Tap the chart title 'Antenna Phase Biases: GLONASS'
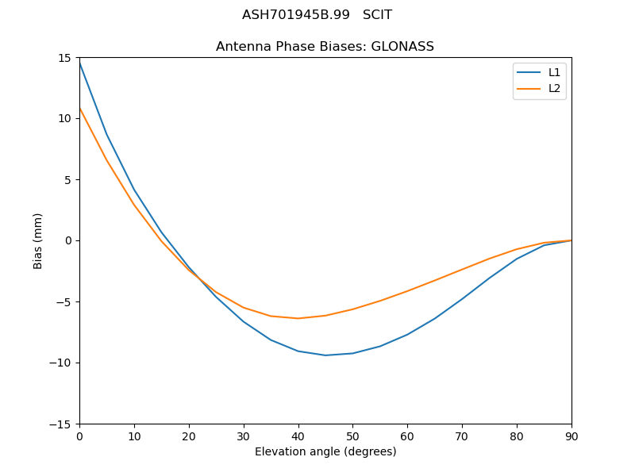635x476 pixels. (325, 47)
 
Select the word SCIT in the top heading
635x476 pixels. (377, 15)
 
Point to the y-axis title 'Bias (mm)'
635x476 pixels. (38, 240)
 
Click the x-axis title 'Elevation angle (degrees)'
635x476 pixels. (325, 452)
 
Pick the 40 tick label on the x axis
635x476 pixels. (298, 436)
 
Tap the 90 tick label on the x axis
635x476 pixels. (571, 436)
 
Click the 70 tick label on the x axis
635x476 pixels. (462, 436)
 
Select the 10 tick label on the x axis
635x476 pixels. (134, 436)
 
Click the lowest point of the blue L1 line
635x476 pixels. (325, 355)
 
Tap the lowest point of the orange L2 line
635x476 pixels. (298, 318)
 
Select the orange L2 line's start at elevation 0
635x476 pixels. (79, 109)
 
